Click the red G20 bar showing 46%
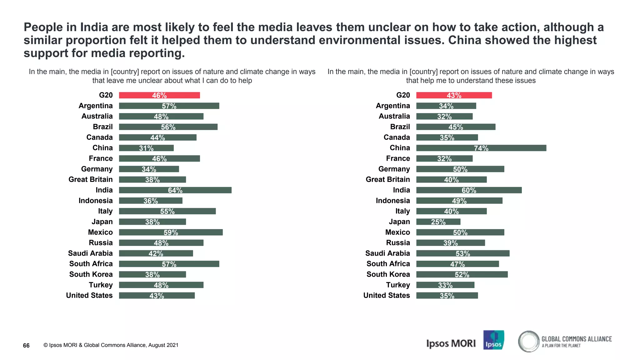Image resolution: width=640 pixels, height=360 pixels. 159,95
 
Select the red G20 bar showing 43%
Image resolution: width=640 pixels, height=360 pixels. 454,95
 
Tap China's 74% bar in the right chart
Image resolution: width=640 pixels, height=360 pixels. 481,148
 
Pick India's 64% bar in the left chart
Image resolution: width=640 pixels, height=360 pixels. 175,190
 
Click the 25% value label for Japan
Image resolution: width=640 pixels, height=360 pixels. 438,222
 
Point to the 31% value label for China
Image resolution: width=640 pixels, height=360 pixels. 146,148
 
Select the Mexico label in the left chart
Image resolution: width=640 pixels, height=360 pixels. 100,232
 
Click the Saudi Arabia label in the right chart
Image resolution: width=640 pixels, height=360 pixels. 387,253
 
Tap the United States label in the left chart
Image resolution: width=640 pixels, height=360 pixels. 89,295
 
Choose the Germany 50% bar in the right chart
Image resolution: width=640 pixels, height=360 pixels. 460,169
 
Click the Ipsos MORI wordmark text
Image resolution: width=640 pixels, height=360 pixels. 451,343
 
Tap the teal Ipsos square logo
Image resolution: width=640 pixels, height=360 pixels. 493,340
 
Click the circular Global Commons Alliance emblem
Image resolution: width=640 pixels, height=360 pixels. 529,341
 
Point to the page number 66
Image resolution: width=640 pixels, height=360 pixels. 26,345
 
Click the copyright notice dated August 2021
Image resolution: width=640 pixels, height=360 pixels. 111,345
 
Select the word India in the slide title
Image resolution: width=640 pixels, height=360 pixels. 94,27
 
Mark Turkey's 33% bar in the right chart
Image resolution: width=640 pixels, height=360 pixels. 445,285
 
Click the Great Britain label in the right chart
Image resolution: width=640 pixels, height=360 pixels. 388,179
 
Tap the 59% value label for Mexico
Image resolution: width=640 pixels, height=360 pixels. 171,232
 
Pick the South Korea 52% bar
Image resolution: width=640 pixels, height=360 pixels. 462,274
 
